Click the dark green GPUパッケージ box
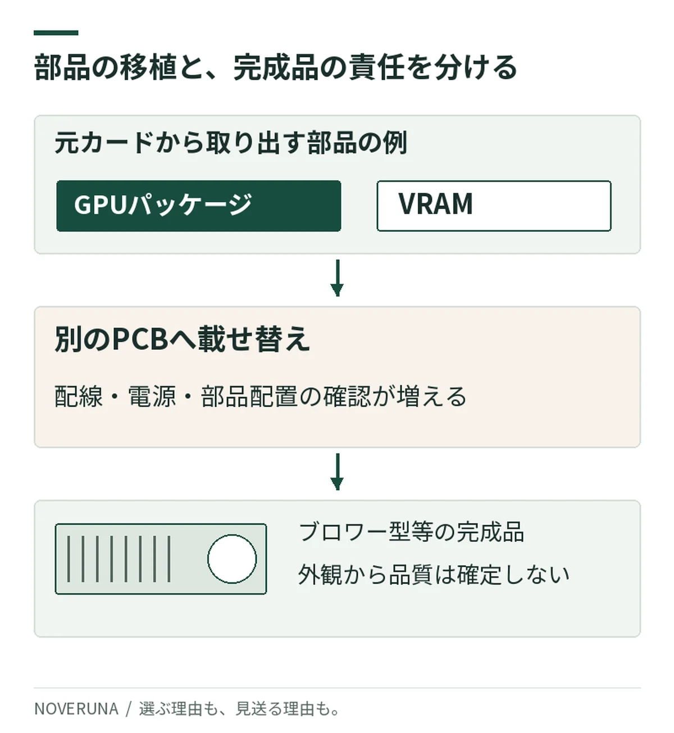click(x=198, y=206)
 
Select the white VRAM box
click(x=494, y=206)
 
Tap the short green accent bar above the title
click(x=56, y=33)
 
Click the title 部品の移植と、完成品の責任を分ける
click(x=275, y=67)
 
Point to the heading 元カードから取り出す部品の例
click(x=231, y=142)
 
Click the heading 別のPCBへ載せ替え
click(x=183, y=339)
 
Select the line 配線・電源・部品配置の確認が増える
click(x=260, y=396)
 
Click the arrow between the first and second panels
click(x=337, y=278)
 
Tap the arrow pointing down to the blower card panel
click(x=337, y=472)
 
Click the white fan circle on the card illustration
click(x=232, y=559)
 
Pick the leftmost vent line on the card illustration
click(x=69, y=559)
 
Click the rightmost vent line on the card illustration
click(x=169, y=559)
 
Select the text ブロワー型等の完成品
click(x=412, y=532)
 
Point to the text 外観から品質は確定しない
click(x=434, y=575)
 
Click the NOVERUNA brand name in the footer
click(x=76, y=709)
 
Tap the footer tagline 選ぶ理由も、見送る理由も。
click(x=240, y=709)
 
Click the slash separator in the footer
click(x=128, y=709)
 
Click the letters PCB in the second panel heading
click(x=140, y=339)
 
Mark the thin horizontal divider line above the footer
click(x=337, y=688)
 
